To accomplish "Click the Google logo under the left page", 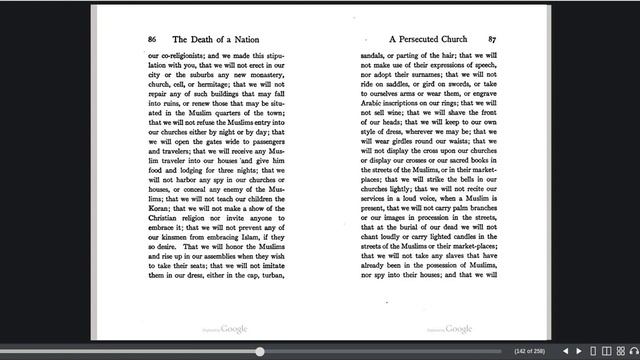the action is click(235, 328).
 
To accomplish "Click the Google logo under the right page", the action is click(458, 328).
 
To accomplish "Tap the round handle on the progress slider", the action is click(260, 351).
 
